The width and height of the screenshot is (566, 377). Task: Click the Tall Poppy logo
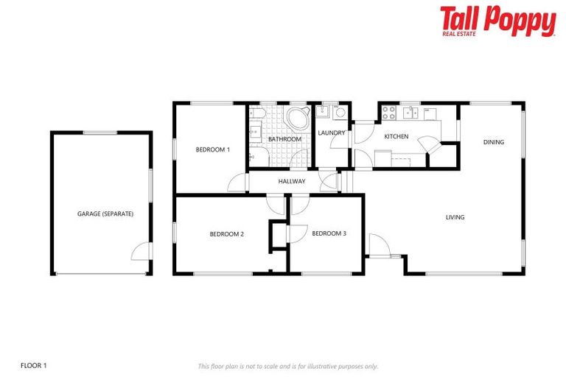(x=497, y=21)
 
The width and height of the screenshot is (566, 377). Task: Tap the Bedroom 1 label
(x=212, y=149)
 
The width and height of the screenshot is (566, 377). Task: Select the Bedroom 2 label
(x=226, y=234)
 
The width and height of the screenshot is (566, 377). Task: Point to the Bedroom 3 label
(x=329, y=234)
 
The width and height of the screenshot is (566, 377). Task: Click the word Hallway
(x=292, y=181)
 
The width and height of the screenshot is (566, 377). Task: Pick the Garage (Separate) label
(x=105, y=214)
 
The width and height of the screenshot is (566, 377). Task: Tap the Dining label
(x=494, y=142)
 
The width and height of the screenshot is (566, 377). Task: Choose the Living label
(x=455, y=217)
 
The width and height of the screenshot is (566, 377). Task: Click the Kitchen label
(x=396, y=137)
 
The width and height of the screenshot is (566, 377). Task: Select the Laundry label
(x=332, y=133)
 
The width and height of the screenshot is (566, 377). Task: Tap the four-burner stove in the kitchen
(x=388, y=113)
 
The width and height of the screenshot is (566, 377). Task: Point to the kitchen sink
(x=410, y=113)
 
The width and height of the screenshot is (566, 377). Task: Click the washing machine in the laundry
(x=340, y=113)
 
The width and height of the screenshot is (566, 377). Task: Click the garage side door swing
(x=140, y=252)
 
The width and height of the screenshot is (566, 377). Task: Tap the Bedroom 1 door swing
(x=237, y=183)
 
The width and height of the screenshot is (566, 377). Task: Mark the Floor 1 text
(x=34, y=364)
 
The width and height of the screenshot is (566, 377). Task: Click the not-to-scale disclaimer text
(x=287, y=365)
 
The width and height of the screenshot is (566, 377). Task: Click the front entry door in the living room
(x=376, y=245)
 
